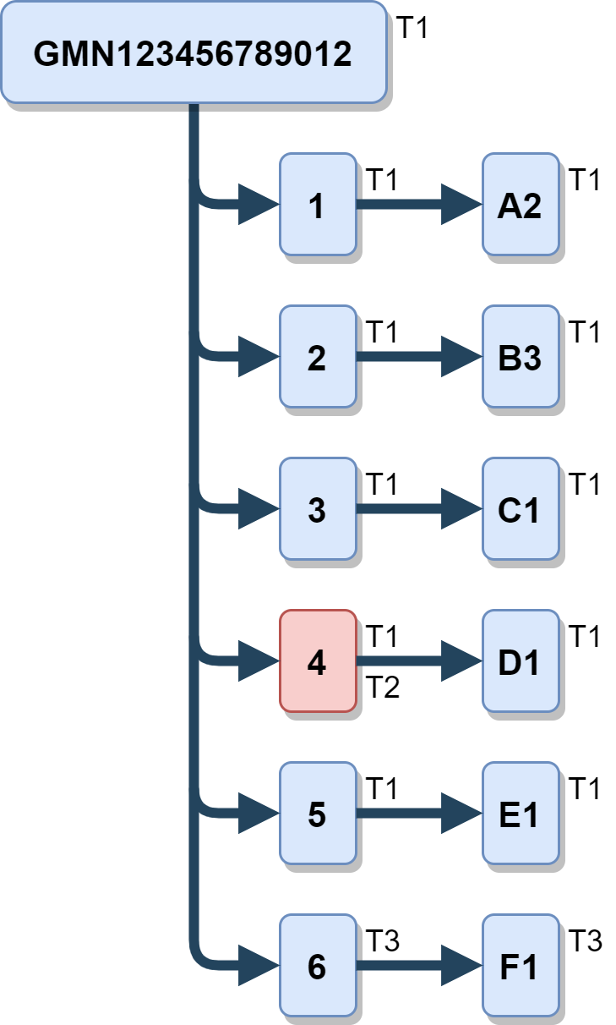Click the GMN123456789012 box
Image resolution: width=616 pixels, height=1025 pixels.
pos(193,52)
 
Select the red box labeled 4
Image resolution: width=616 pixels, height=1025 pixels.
pos(317,661)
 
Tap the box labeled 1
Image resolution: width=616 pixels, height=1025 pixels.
pos(317,205)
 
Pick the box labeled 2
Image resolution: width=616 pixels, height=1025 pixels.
pos(317,357)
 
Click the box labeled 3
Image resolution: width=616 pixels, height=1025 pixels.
pos(317,509)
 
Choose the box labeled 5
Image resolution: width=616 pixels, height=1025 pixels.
pos(317,814)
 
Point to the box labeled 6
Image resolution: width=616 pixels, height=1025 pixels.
pos(317,966)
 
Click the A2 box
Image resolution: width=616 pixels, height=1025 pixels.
pos(520,205)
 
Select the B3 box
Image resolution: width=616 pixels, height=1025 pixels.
pos(520,357)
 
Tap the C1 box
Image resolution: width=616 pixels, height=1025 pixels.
pos(520,509)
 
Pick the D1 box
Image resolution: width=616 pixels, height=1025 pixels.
pos(520,661)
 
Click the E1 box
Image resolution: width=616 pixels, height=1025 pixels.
pos(520,814)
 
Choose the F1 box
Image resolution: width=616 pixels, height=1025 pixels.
pos(520,966)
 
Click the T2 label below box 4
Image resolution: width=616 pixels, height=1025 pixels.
pos(382,688)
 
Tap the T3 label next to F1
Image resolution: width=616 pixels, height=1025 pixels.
pos(584,940)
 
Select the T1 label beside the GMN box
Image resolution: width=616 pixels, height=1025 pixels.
pos(413,28)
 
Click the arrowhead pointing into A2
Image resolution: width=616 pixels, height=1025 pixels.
pos(461,205)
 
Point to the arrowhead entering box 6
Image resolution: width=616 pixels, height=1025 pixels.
pos(258,966)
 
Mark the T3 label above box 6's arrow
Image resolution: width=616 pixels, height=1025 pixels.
pos(382,940)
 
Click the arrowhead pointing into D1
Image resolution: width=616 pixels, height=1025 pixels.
pos(461,661)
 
